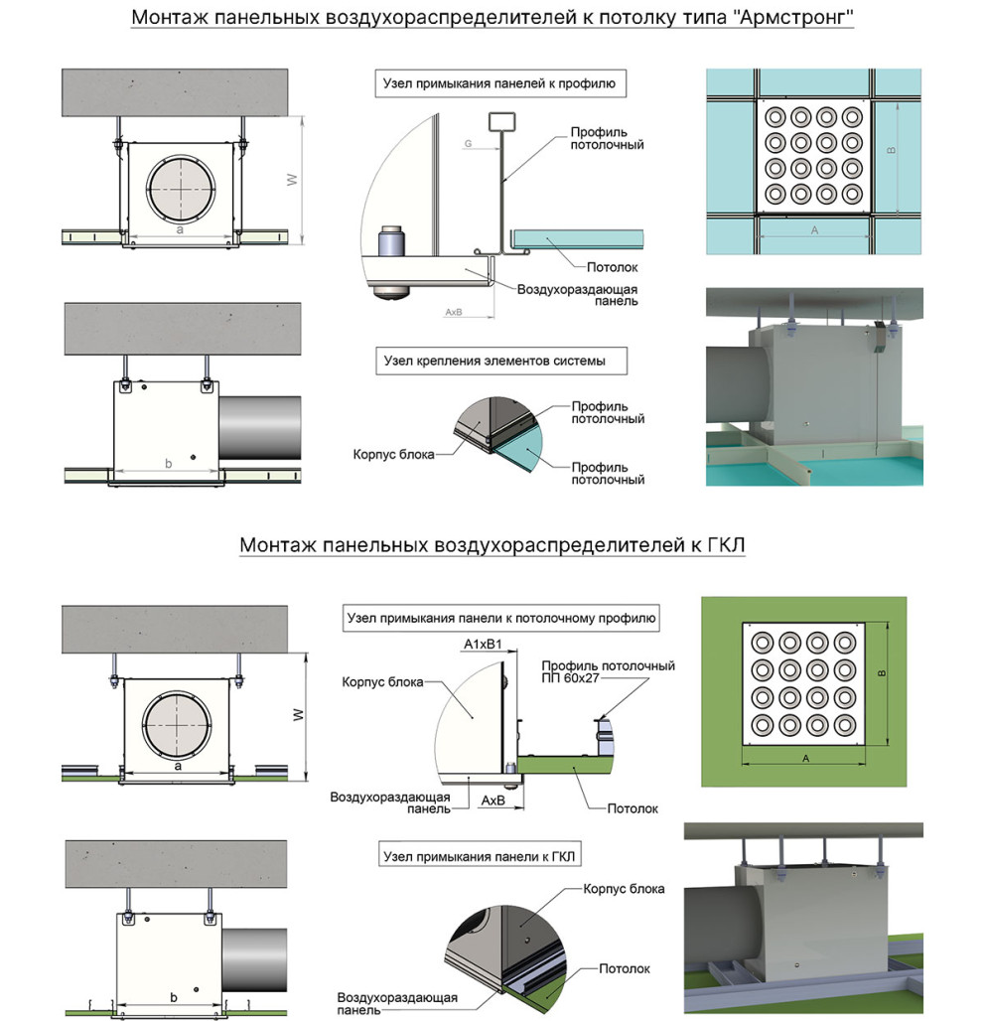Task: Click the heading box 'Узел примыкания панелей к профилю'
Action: [x=500, y=83]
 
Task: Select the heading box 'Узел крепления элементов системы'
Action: [x=501, y=361]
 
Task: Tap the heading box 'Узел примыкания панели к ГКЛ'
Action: [x=480, y=856]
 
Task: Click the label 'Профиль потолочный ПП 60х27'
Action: [x=608, y=672]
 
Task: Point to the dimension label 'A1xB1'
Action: [x=483, y=644]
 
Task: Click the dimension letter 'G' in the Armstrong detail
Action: [x=468, y=144]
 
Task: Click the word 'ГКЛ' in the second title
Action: [x=725, y=544]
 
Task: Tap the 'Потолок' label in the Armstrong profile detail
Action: [x=612, y=267]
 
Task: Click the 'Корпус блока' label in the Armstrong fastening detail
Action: [x=393, y=454]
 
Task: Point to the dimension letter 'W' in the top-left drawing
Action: [x=292, y=180]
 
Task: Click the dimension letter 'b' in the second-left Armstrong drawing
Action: [x=169, y=464]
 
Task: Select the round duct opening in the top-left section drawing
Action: [x=181, y=188]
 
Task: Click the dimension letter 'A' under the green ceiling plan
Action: [x=806, y=758]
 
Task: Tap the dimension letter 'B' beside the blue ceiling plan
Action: [x=892, y=150]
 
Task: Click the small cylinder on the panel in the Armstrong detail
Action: [x=391, y=240]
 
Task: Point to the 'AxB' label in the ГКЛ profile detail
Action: [x=492, y=801]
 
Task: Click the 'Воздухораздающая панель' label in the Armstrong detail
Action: [x=577, y=295]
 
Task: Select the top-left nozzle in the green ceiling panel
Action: [x=762, y=644]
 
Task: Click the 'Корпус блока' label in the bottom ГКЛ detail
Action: [x=624, y=889]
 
